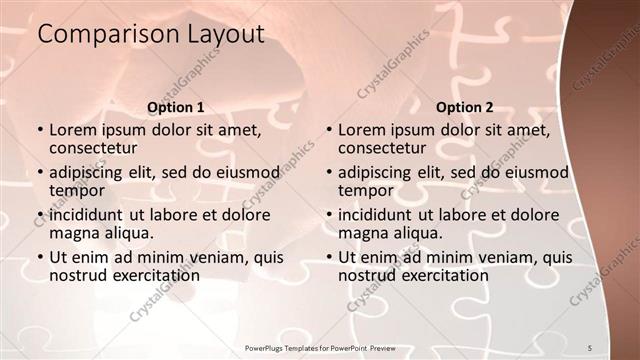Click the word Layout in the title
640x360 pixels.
(x=226, y=35)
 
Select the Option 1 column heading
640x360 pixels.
(x=175, y=107)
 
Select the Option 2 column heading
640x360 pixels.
(x=464, y=107)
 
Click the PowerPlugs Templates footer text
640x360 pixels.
(x=319, y=347)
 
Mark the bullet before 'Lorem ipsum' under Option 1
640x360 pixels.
(x=39, y=131)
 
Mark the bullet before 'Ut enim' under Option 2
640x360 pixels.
(x=328, y=258)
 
